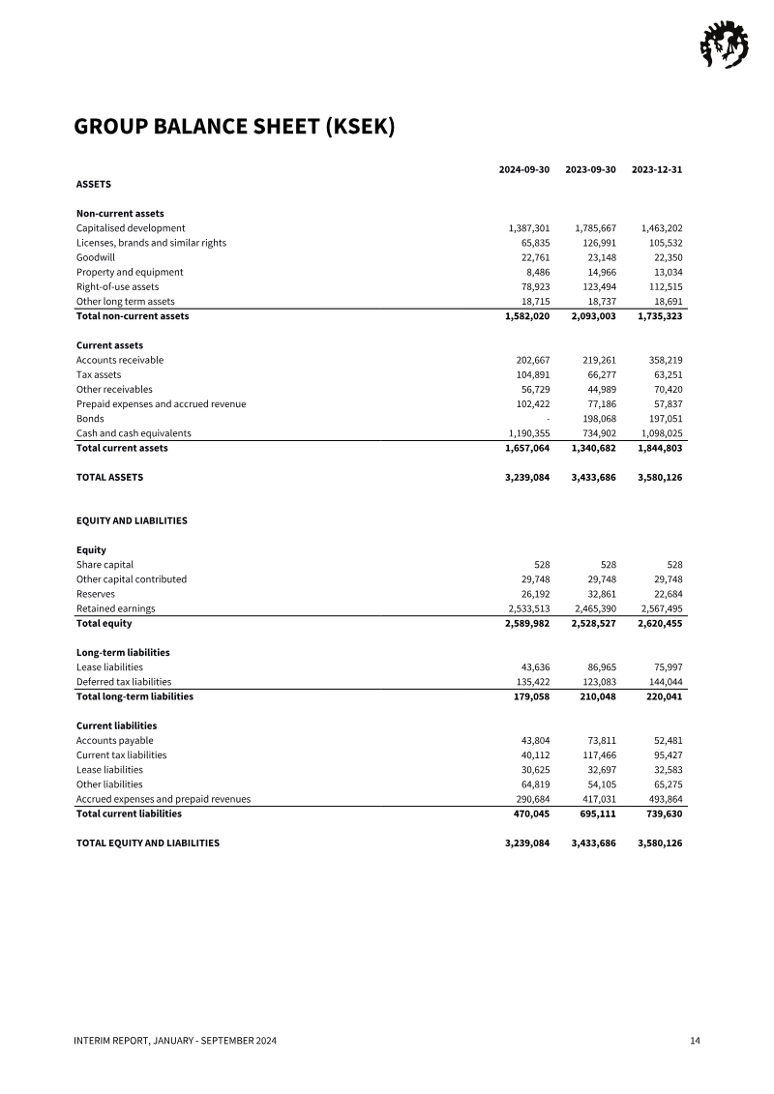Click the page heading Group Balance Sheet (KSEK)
pyautogui.click(x=234, y=128)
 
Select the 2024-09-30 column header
pyautogui.click(x=523, y=169)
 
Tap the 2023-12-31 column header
pyautogui.click(x=657, y=169)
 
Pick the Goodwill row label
pyautogui.click(x=96, y=257)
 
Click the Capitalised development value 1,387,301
pyautogui.click(x=528, y=228)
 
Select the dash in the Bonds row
pyautogui.click(x=548, y=419)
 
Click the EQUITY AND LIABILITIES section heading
pyautogui.click(x=132, y=520)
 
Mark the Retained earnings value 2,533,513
pyautogui.click(x=528, y=608)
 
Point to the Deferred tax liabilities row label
pyautogui.click(x=124, y=682)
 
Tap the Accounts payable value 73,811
pyautogui.click(x=600, y=740)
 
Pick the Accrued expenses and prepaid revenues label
pyautogui.click(x=164, y=799)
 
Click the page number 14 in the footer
pyautogui.click(x=695, y=1041)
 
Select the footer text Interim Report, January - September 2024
pyautogui.click(x=176, y=1041)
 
